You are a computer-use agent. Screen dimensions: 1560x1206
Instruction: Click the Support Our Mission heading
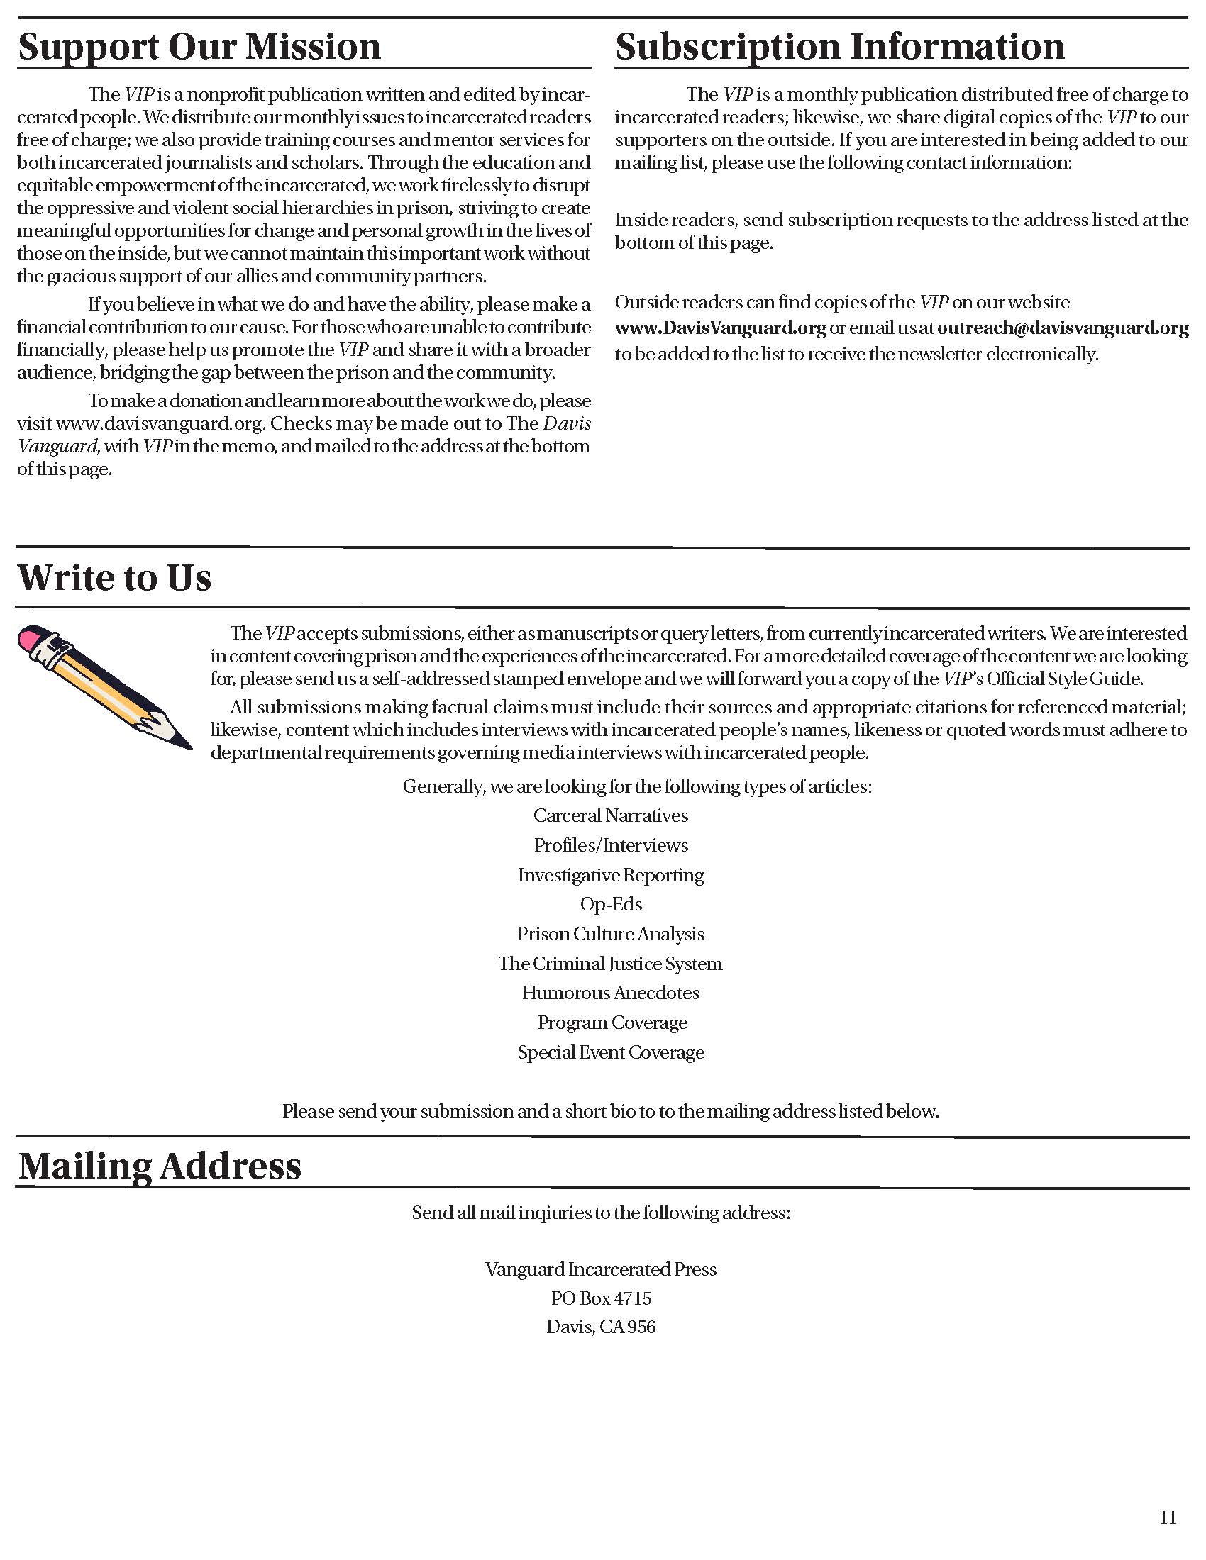199,47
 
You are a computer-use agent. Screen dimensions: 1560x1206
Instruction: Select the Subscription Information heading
839,47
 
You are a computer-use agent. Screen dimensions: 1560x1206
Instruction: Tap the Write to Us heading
114,577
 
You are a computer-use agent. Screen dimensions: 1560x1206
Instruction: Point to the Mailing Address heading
160,1165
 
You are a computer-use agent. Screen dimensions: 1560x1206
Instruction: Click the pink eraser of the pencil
33,638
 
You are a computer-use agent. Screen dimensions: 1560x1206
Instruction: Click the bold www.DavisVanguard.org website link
720,328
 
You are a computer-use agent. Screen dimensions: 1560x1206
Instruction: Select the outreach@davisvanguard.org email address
1063,328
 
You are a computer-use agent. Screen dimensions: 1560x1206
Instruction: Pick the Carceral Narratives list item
611,815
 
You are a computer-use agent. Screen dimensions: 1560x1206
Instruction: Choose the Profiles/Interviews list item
611,845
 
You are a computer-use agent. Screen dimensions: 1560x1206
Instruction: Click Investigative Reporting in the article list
611,875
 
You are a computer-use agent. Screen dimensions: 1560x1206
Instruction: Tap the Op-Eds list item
611,904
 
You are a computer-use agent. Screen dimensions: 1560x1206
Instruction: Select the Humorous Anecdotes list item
611,993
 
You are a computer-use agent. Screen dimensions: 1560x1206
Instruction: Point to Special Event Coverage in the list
611,1052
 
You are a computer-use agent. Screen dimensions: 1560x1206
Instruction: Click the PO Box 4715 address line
602,1298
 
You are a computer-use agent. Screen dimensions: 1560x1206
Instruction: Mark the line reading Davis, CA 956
602,1327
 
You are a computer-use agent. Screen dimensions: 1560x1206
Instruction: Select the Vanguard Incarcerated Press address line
602,1269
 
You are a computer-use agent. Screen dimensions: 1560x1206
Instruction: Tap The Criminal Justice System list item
611,964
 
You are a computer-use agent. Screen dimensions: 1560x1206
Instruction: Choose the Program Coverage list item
612,1023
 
